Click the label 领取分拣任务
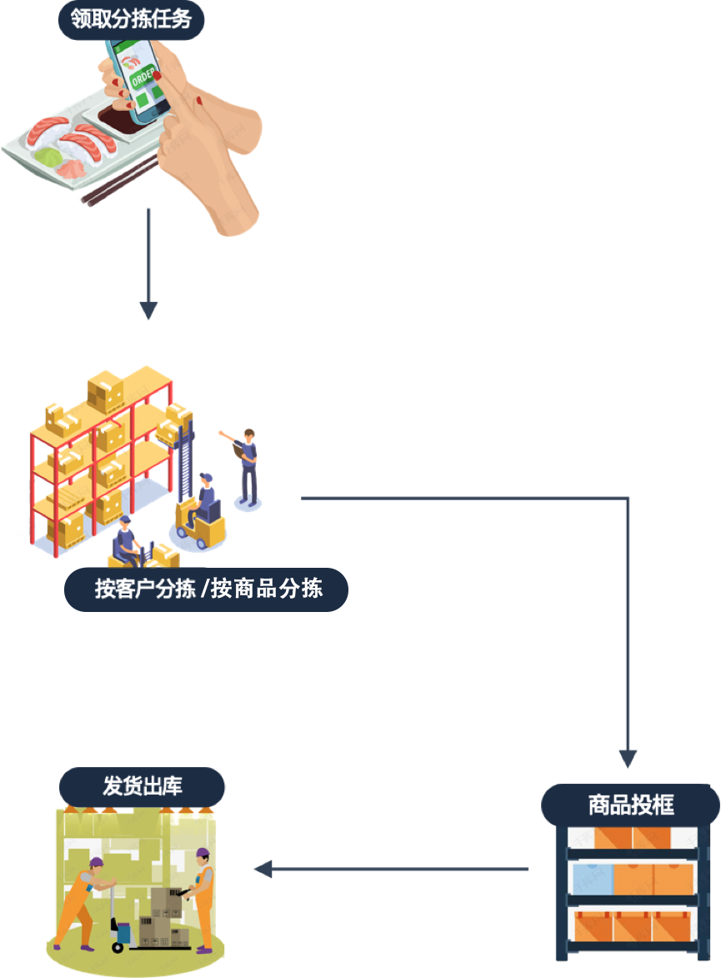(131, 18)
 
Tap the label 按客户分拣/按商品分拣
(208, 589)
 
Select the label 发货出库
(143, 786)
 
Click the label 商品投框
(631, 805)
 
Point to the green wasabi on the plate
(48, 157)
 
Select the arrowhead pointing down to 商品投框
(628, 759)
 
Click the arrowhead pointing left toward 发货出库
(263, 869)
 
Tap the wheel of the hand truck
(118, 947)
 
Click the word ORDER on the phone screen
(143, 77)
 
